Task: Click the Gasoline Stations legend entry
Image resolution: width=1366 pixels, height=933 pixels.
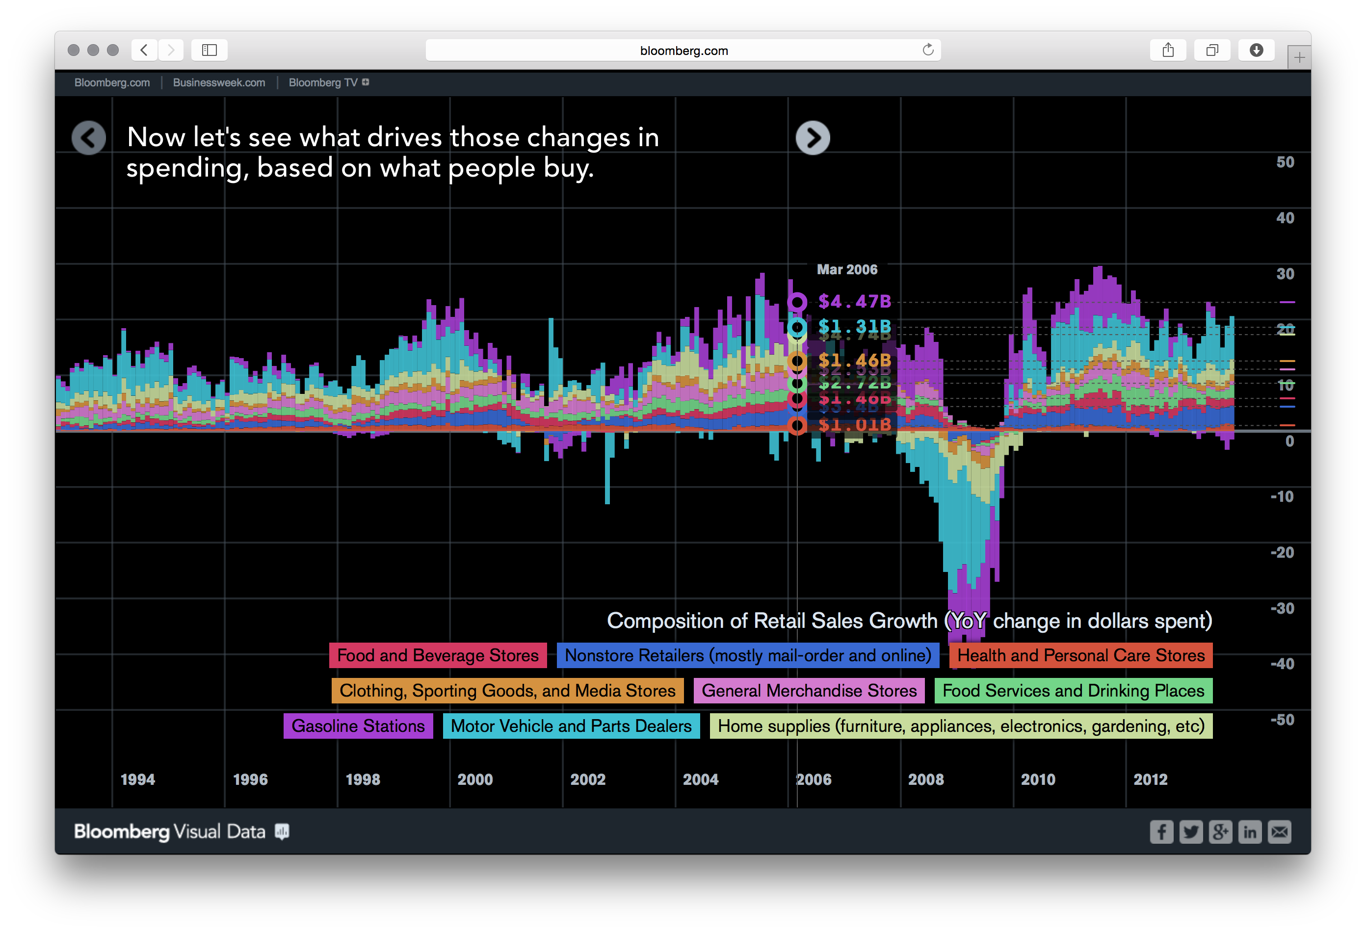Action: [358, 726]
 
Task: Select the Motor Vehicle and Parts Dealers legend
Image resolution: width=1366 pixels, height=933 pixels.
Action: [571, 726]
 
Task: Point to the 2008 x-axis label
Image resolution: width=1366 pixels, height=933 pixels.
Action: [926, 779]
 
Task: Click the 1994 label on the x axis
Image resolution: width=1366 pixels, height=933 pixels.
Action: [137, 779]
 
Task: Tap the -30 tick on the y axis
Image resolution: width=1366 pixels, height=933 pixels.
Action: [1282, 608]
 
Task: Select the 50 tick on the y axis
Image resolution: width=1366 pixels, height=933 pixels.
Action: [1285, 162]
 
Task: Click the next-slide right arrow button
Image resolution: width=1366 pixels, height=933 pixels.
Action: [813, 138]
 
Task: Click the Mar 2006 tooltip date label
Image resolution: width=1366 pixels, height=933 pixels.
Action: [847, 270]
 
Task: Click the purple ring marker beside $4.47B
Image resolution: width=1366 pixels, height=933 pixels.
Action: [797, 302]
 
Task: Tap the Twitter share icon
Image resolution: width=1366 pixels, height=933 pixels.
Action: [1191, 832]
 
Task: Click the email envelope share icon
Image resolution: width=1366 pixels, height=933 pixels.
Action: [1279, 832]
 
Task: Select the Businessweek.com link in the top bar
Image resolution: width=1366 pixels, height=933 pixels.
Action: [219, 83]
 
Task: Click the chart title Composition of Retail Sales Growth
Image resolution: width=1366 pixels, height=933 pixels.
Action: [909, 621]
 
